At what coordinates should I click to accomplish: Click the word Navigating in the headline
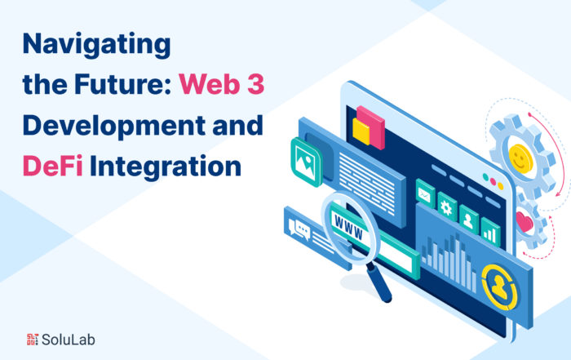[x=96, y=45]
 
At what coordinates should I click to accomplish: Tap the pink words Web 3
[x=221, y=84]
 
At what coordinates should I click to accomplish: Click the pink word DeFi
[x=53, y=166]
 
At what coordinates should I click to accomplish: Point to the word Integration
[x=166, y=167]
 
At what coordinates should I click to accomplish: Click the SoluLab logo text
[x=69, y=340]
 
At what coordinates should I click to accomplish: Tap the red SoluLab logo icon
[x=33, y=340]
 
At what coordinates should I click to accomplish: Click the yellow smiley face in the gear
[x=520, y=158]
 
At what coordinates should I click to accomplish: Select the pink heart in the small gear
[x=525, y=221]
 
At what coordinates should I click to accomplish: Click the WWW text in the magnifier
[x=349, y=228]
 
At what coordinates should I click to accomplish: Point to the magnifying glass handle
[x=378, y=282]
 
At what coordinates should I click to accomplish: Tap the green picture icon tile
[x=306, y=162]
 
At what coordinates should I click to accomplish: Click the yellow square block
[x=361, y=132]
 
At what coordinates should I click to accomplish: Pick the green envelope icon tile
[x=425, y=193]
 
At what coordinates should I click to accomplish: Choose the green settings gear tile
[x=447, y=207]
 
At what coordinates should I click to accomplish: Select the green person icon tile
[x=469, y=219]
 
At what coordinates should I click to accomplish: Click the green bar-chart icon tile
[x=490, y=232]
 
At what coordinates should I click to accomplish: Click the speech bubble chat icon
[x=299, y=229]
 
